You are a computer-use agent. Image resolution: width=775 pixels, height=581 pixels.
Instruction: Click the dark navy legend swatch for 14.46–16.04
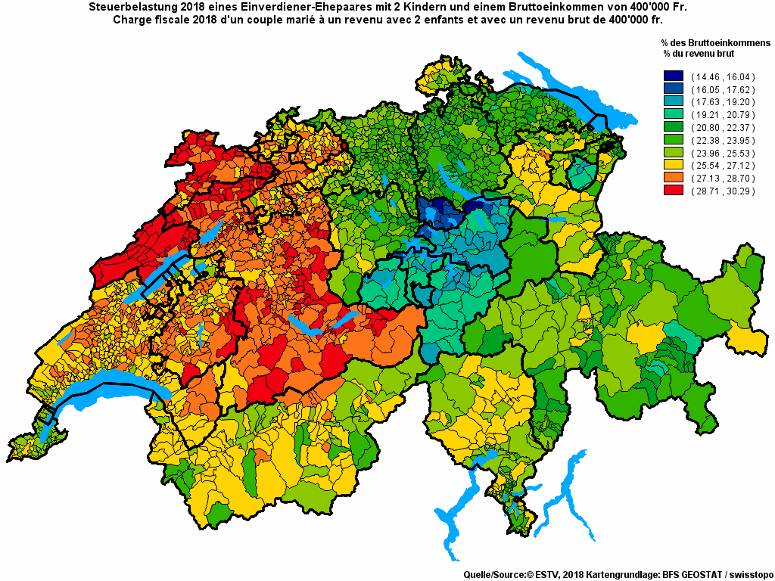coord(673,76)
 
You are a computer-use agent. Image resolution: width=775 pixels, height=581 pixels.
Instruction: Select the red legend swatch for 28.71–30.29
coord(673,191)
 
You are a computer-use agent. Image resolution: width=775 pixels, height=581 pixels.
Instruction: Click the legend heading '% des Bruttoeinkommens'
coord(715,43)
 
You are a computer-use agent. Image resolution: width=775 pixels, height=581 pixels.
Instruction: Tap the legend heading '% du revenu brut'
coord(698,54)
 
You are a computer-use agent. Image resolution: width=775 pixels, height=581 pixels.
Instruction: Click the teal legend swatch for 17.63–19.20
coord(673,101)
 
